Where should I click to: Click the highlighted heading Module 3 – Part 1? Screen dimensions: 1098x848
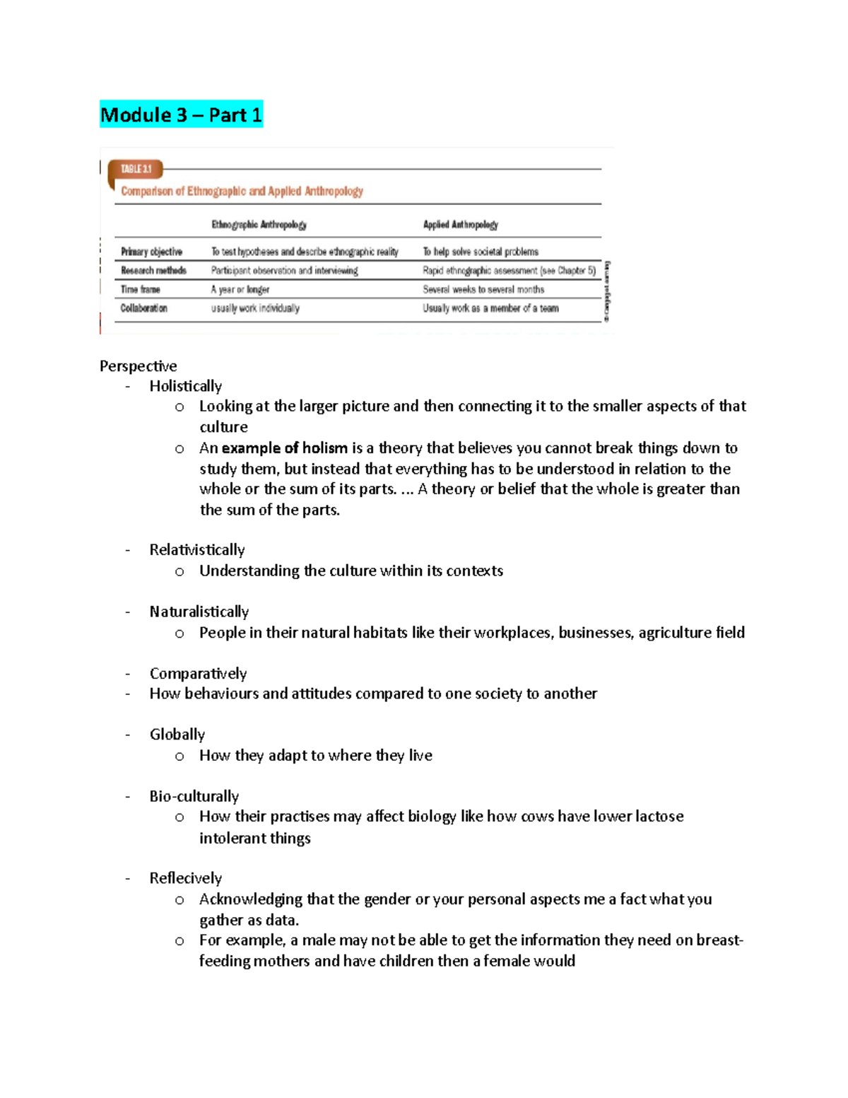pos(181,115)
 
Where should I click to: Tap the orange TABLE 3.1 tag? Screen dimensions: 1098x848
pos(136,169)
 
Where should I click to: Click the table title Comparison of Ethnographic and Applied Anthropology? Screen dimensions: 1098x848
pos(242,191)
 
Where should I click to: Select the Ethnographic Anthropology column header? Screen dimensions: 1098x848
pos(259,225)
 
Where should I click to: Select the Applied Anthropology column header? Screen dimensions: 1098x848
pos(460,225)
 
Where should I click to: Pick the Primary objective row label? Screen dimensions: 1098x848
pos(151,252)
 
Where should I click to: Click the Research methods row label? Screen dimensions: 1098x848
pos(153,271)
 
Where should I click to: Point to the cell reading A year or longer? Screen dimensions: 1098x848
pos(240,290)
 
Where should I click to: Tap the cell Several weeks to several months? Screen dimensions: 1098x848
pos(483,290)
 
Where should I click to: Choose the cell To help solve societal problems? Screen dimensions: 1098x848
pos(481,252)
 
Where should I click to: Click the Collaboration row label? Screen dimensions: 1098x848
pos(143,308)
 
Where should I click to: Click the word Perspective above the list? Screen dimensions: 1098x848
pos(138,366)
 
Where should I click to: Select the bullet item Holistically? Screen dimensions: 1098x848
pos(185,386)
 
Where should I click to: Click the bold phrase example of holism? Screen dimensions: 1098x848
pos(284,448)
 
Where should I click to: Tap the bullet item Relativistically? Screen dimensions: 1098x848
pos(196,550)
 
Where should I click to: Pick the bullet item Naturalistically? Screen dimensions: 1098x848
pos(199,612)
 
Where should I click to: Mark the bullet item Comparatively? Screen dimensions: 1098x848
pos(198,673)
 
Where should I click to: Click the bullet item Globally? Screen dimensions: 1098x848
pos(177,735)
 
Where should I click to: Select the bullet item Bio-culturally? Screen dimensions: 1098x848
pos(194,796)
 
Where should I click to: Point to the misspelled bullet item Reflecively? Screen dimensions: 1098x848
pos(185,878)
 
